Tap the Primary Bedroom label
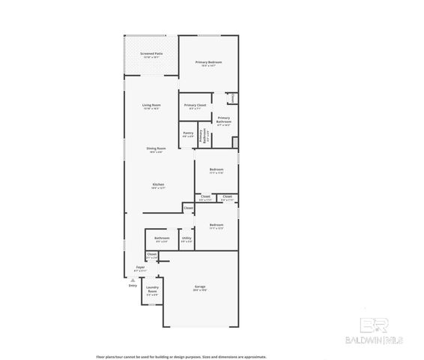click(209, 63)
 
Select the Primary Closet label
click(196, 105)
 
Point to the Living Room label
click(152, 107)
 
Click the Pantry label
click(188, 134)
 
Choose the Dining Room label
click(156, 150)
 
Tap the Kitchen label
click(158, 185)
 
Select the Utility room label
click(187, 239)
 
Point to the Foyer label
click(140, 268)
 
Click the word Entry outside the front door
click(133, 286)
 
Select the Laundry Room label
click(152, 291)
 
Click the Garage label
click(200, 288)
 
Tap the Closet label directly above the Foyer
click(152, 256)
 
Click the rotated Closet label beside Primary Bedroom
click(232, 97)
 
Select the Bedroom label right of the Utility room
click(216, 226)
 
